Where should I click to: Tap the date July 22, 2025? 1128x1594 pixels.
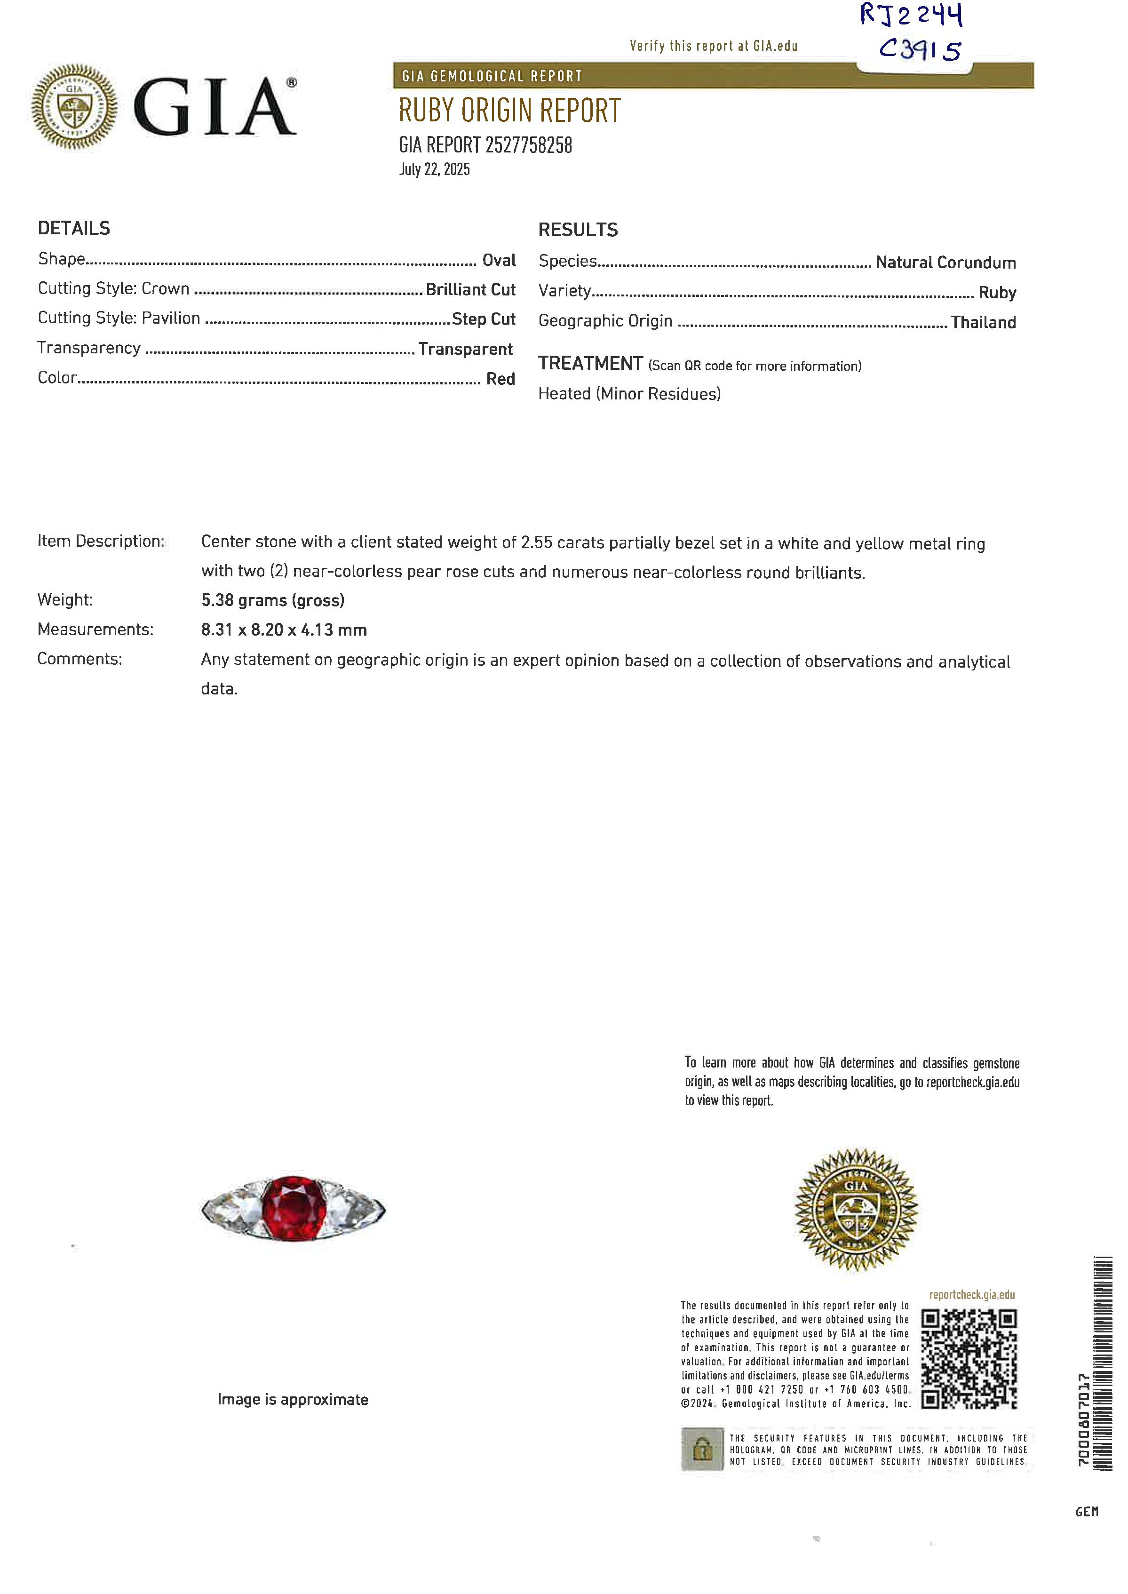pyautogui.click(x=434, y=169)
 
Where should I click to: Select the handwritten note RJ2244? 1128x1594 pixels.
pyautogui.click(x=911, y=15)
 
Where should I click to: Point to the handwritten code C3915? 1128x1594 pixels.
pyautogui.click(x=920, y=49)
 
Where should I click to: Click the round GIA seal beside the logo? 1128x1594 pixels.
pyautogui.click(x=74, y=107)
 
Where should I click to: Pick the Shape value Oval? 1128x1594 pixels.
pyautogui.click(x=499, y=261)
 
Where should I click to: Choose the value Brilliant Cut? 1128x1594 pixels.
pyautogui.click(x=470, y=290)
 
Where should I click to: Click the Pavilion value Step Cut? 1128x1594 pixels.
pyautogui.click(x=484, y=319)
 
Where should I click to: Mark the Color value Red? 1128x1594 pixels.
pyautogui.click(x=500, y=379)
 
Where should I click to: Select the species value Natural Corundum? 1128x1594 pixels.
pyautogui.click(x=945, y=263)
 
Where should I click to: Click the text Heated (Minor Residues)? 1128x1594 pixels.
pyautogui.click(x=629, y=394)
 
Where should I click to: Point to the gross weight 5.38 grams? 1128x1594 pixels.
pyautogui.click(x=272, y=600)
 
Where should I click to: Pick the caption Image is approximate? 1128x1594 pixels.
pyautogui.click(x=293, y=1400)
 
